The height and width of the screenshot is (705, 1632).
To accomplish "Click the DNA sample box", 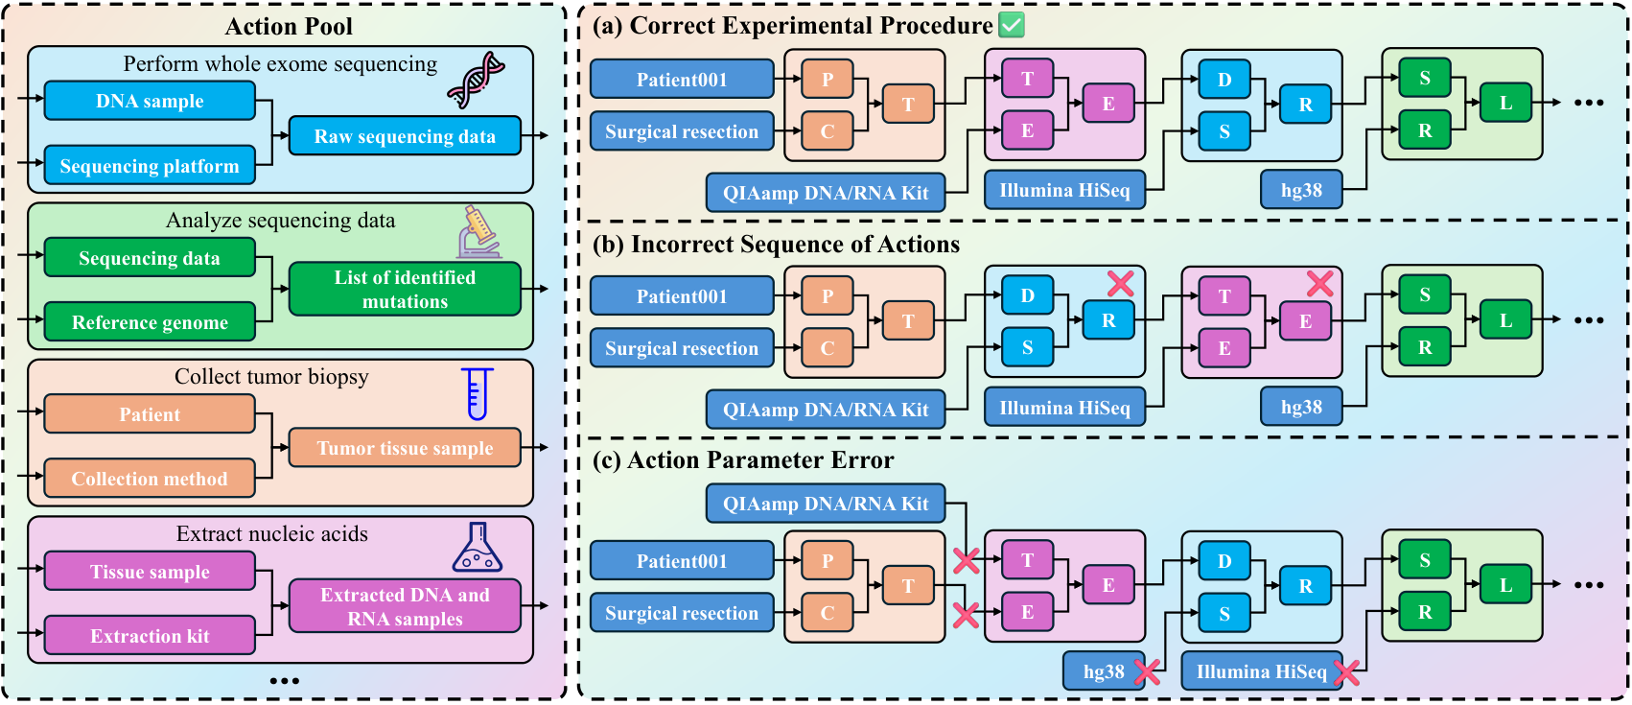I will click(x=150, y=101).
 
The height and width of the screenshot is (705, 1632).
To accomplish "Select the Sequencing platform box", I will click(x=150, y=166).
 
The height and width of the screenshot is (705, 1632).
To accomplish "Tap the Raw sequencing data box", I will click(x=405, y=136).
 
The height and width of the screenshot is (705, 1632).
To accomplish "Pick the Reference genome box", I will click(x=150, y=322).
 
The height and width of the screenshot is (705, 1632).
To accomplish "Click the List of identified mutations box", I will click(x=405, y=289).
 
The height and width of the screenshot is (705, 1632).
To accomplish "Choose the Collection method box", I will click(x=150, y=479).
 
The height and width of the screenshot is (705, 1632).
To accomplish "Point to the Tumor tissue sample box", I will click(x=405, y=448).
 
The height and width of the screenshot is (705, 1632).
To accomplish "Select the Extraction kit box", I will click(x=150, y=636).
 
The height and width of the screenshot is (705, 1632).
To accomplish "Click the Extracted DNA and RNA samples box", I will click(x=405, y=606).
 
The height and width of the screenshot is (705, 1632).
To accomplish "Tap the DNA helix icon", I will click(x=476, y=80).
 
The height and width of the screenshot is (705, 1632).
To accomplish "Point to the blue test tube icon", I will click(x=478, y=393).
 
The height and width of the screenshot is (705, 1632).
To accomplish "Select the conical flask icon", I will click(x=478, y=548).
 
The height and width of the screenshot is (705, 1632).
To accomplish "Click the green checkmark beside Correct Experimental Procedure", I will click(x=1012, y=25).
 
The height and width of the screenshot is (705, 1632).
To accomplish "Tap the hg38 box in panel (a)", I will click(x=1301, y=190).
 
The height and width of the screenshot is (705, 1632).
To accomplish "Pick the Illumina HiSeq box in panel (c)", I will click(x=1261, y=671).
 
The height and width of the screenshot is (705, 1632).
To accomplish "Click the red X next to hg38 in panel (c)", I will click(x=1147, y=671).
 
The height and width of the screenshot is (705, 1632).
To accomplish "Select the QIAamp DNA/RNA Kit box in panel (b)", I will click(x=826, y=410).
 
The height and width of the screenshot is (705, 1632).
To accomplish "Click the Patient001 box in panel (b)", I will click(x=682, y=296).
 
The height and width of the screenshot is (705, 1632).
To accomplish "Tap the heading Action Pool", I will click(x=289, y=27).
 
